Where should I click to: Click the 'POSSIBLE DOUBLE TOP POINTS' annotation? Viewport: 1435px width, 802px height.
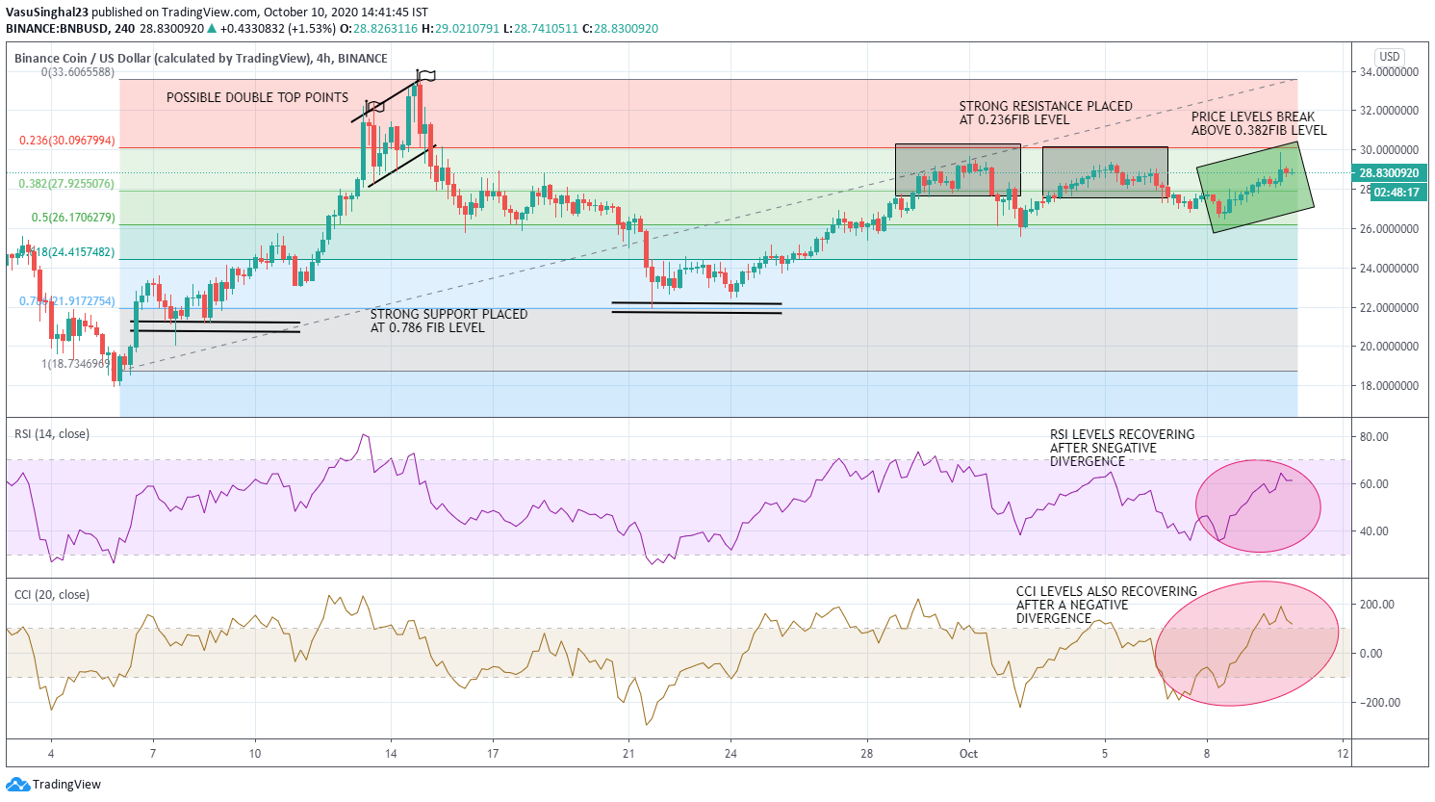[257, 97]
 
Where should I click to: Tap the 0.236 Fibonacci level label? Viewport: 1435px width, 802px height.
[67, 141]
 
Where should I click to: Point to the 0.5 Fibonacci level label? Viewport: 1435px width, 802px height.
[73, 218]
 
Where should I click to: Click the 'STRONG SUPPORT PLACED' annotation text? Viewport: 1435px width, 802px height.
[448, 321]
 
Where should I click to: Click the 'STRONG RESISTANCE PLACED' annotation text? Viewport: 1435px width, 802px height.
[1045, 113]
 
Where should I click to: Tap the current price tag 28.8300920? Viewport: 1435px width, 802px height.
[1389, 173]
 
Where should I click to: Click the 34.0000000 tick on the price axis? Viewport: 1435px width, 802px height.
[1389, 72]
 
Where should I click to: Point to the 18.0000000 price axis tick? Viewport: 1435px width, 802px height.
[1389, 386]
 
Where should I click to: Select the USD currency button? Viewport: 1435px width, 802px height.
[1389, 57]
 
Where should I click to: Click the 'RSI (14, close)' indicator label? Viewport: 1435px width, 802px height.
[52, 434]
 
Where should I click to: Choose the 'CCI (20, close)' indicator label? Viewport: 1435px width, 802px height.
[52, 595]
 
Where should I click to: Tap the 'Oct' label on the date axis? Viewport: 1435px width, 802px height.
[968, 753]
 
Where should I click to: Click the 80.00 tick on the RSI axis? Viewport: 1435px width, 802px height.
[1373, 437]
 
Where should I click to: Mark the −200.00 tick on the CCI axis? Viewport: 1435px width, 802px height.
[1376, 703]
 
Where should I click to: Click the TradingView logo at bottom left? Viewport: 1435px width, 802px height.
[53, 785]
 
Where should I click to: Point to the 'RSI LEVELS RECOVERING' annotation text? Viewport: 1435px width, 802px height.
[1122, 448]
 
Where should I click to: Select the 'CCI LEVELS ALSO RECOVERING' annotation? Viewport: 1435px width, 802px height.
[1106, 605]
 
